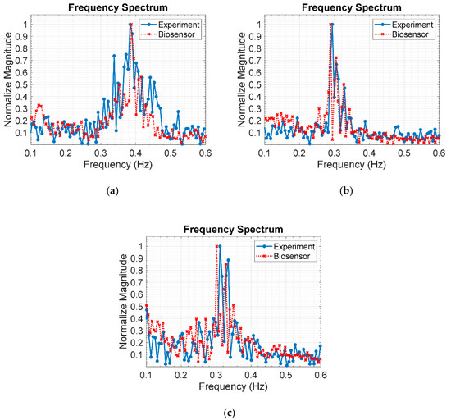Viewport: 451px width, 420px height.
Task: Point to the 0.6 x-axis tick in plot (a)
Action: click(x=205, y=153)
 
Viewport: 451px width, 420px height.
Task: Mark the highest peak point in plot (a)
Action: click(x=130, y=25)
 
